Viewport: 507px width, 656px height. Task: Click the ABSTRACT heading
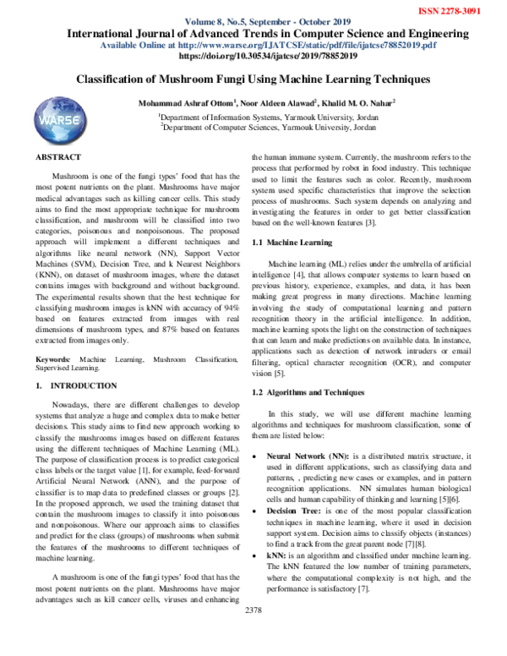(x=58, y=157)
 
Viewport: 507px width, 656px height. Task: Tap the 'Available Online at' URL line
(x=268, y=45)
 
